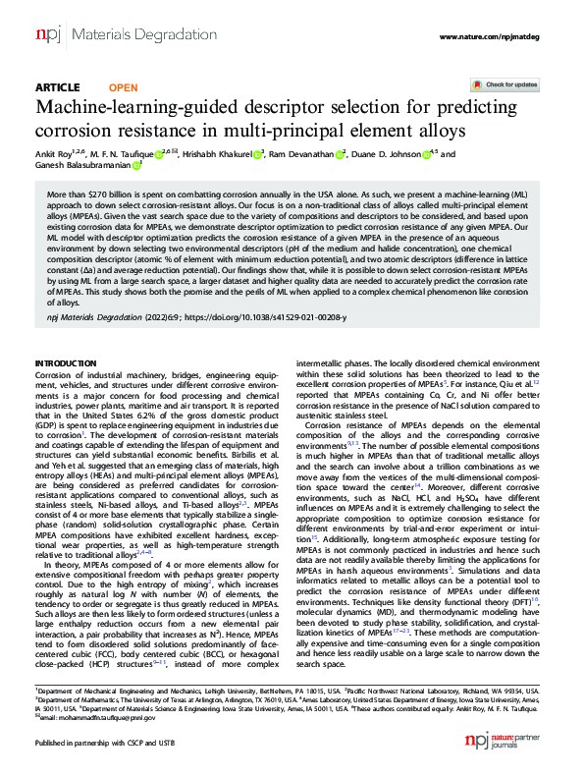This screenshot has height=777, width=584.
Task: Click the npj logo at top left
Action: pyautogui.click(x=48, y=36)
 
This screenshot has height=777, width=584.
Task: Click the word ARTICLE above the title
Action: pyautogui.click(x=57, y=87)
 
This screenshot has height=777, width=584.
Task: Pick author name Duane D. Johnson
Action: pyautogui.click(x=388, y=154)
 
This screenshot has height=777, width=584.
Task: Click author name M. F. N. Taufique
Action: pyautogui.click(x=132, y=154)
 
